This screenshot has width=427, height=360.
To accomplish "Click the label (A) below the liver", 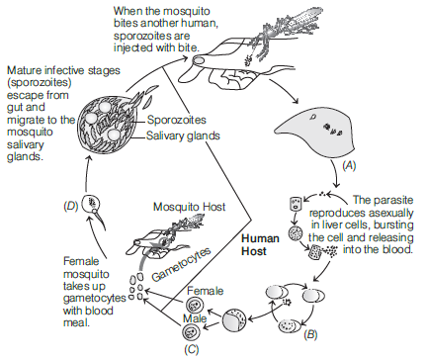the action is tap(349, 165).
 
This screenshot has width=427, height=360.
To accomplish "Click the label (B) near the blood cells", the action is tap(310, 335).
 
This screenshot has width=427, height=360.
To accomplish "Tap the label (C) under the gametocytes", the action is tap(192, 349).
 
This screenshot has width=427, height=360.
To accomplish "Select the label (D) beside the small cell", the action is tap(71, 206).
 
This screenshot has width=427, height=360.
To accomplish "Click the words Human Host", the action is tap(260, 244).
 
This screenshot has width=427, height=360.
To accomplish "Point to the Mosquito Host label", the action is tap(190, 207).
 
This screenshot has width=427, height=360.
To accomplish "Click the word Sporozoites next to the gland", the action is tap(177, 120).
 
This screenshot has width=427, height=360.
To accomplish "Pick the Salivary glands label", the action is tap(183, 135).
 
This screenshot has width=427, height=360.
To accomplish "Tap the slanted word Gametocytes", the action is tap(181, 264).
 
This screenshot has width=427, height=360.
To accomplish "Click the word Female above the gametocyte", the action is tap(205, 291).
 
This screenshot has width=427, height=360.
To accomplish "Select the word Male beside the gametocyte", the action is tap(195, 318).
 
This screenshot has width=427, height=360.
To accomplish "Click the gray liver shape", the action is tap(315, 133).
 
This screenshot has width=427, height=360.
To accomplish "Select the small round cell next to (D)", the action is tap(91, 204).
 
